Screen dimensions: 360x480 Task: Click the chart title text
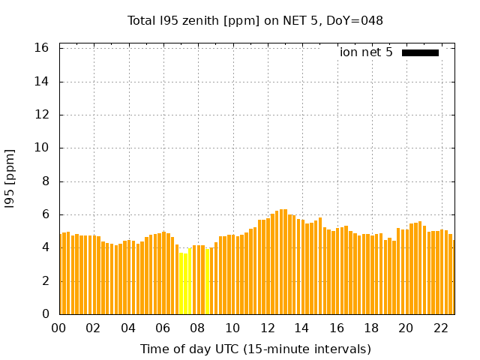tap(255, 20)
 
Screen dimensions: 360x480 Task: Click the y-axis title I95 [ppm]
tap(10, 178)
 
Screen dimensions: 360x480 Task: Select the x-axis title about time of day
tap(255, 349)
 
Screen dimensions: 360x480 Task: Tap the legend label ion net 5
tap(366, 52)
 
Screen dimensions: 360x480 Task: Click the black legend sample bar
tap(420, 52)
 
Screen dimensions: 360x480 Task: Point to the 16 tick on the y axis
tap(42, 48)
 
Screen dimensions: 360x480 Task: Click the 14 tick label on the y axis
tap(42, 82)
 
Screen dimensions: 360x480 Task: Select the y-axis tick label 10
tap(42, 148)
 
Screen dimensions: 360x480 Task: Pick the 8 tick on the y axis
tap(46, 181)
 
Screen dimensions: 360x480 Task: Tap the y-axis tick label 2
tap(46, 280)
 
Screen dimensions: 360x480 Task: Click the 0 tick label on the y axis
tap(46, 313)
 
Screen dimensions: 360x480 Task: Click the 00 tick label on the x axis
tap(59, 328)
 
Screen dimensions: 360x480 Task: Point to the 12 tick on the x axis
tap(268, 328)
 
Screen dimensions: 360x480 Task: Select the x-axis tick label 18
tap(371, 328)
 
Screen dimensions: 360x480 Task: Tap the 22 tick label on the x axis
tap(441, 328)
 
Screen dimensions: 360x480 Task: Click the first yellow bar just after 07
tap(181, 283)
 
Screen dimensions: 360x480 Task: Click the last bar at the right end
tap(451, 277)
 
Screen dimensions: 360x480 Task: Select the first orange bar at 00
tap(61, 274)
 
